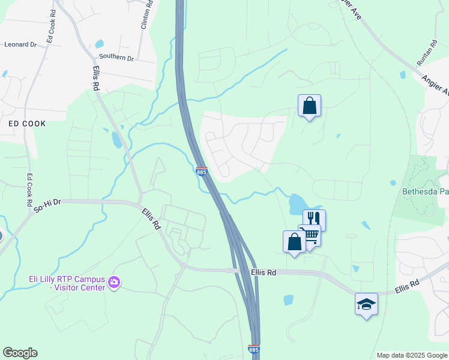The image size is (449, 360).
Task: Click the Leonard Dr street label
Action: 20,44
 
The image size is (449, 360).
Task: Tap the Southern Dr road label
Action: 116,58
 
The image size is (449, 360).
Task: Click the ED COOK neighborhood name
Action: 26,123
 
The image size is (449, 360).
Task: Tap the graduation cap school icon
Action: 366,304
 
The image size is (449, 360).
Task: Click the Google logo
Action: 20,353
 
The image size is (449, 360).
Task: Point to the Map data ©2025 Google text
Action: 411,355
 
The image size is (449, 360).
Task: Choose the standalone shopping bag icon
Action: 309,106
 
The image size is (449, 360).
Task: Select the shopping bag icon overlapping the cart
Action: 294,242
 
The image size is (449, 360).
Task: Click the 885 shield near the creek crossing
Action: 202,172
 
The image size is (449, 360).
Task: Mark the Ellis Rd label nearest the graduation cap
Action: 407,289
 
